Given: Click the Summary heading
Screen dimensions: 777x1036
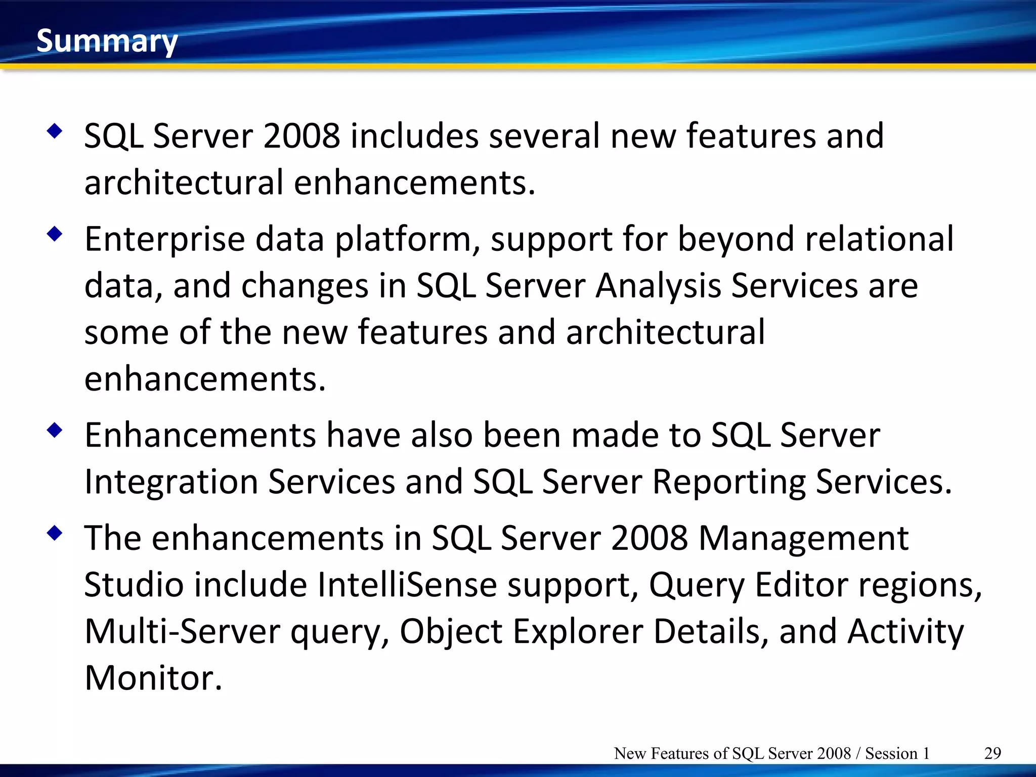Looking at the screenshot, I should tap(107, 41).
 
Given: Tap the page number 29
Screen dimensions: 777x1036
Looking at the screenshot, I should tap(992, 753).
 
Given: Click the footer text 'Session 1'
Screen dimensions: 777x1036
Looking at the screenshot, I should tap(897, 753).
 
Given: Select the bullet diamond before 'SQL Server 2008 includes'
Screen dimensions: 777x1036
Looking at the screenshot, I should tap(54, 132).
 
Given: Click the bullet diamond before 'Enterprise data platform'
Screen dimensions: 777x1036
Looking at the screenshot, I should tap(54, 234).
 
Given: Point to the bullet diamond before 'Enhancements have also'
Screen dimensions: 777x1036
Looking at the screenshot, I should tap(54, 430).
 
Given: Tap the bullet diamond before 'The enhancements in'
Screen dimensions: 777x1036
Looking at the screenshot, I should tap(54, 533).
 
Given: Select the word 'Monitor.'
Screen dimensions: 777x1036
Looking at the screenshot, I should tap(153, 678).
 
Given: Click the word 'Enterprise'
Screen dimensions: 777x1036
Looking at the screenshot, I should tap(164, 239).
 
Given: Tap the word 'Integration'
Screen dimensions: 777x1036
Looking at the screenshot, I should tap(170, 482).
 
